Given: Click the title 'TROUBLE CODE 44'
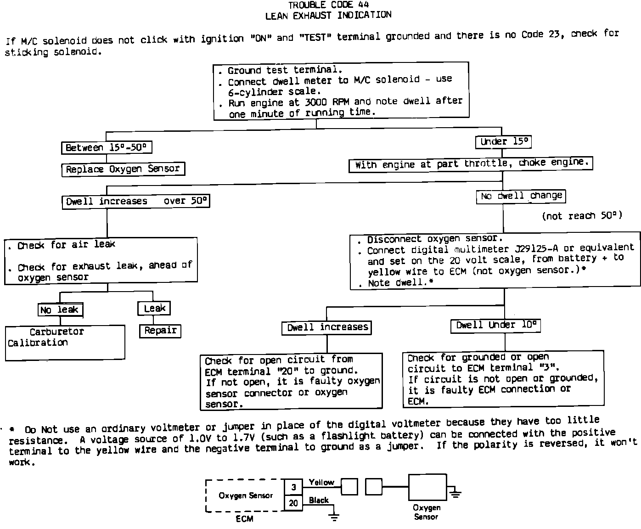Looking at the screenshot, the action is pos(328,5).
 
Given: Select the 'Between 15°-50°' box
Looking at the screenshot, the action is pos(107,147).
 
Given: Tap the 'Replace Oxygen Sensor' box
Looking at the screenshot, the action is pos(123,169).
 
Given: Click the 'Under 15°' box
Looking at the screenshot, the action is pos(503,142).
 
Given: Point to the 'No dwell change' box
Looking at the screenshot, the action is pos(521,196).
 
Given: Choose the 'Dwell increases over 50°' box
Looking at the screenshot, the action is pos(136,202).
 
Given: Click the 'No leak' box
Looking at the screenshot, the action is pos(60,310).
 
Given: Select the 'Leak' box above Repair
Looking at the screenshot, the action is pos(154,308).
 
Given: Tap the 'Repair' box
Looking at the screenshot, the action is pos(160,331).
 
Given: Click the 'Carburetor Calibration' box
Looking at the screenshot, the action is pos(65,342).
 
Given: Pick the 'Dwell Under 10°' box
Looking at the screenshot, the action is pos(495,326).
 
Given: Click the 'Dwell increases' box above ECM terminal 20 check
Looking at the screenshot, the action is pos(326,327).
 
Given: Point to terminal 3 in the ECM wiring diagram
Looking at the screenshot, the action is pos(293,488).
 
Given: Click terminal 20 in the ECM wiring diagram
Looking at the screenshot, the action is pos(293,503).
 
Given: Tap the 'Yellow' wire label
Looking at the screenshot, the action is pos(321,482).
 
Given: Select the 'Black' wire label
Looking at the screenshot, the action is pos(319,500).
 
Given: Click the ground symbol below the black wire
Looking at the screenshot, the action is pos(334,517).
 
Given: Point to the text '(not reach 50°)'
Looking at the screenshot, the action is pos(582,215).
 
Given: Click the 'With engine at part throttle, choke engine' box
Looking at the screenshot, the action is pos(471,163).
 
